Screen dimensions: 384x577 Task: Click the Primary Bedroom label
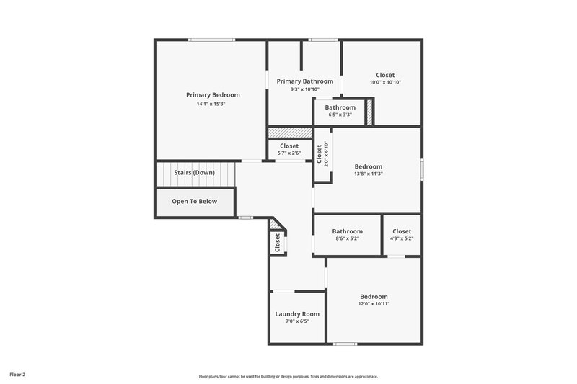[213, 95]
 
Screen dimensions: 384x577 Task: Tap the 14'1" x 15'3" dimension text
[211, 104]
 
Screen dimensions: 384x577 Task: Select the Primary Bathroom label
[304, 81]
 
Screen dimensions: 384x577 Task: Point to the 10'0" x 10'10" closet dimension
[385, 82]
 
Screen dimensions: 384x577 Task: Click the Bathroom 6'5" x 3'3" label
[339, 107]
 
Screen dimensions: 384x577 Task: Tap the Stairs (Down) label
[194, 173]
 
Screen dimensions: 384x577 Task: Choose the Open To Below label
[194, 202]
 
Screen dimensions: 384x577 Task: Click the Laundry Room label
[297, 314]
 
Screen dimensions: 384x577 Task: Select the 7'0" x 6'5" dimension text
[297, 322]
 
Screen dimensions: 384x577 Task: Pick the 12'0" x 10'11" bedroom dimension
[374, 305]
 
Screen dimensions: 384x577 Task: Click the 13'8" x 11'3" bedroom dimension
[368, 174]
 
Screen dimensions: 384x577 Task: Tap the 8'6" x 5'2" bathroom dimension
[347, 238]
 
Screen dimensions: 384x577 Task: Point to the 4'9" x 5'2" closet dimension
[402, 238]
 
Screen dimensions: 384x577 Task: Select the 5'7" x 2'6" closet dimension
[289, 153]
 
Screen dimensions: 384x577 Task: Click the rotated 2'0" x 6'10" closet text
[326, 154]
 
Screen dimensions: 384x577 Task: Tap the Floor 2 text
[18, 375]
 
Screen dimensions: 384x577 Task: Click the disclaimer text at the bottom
[288, 376]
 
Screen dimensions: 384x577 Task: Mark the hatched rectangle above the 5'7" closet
[289, 133]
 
